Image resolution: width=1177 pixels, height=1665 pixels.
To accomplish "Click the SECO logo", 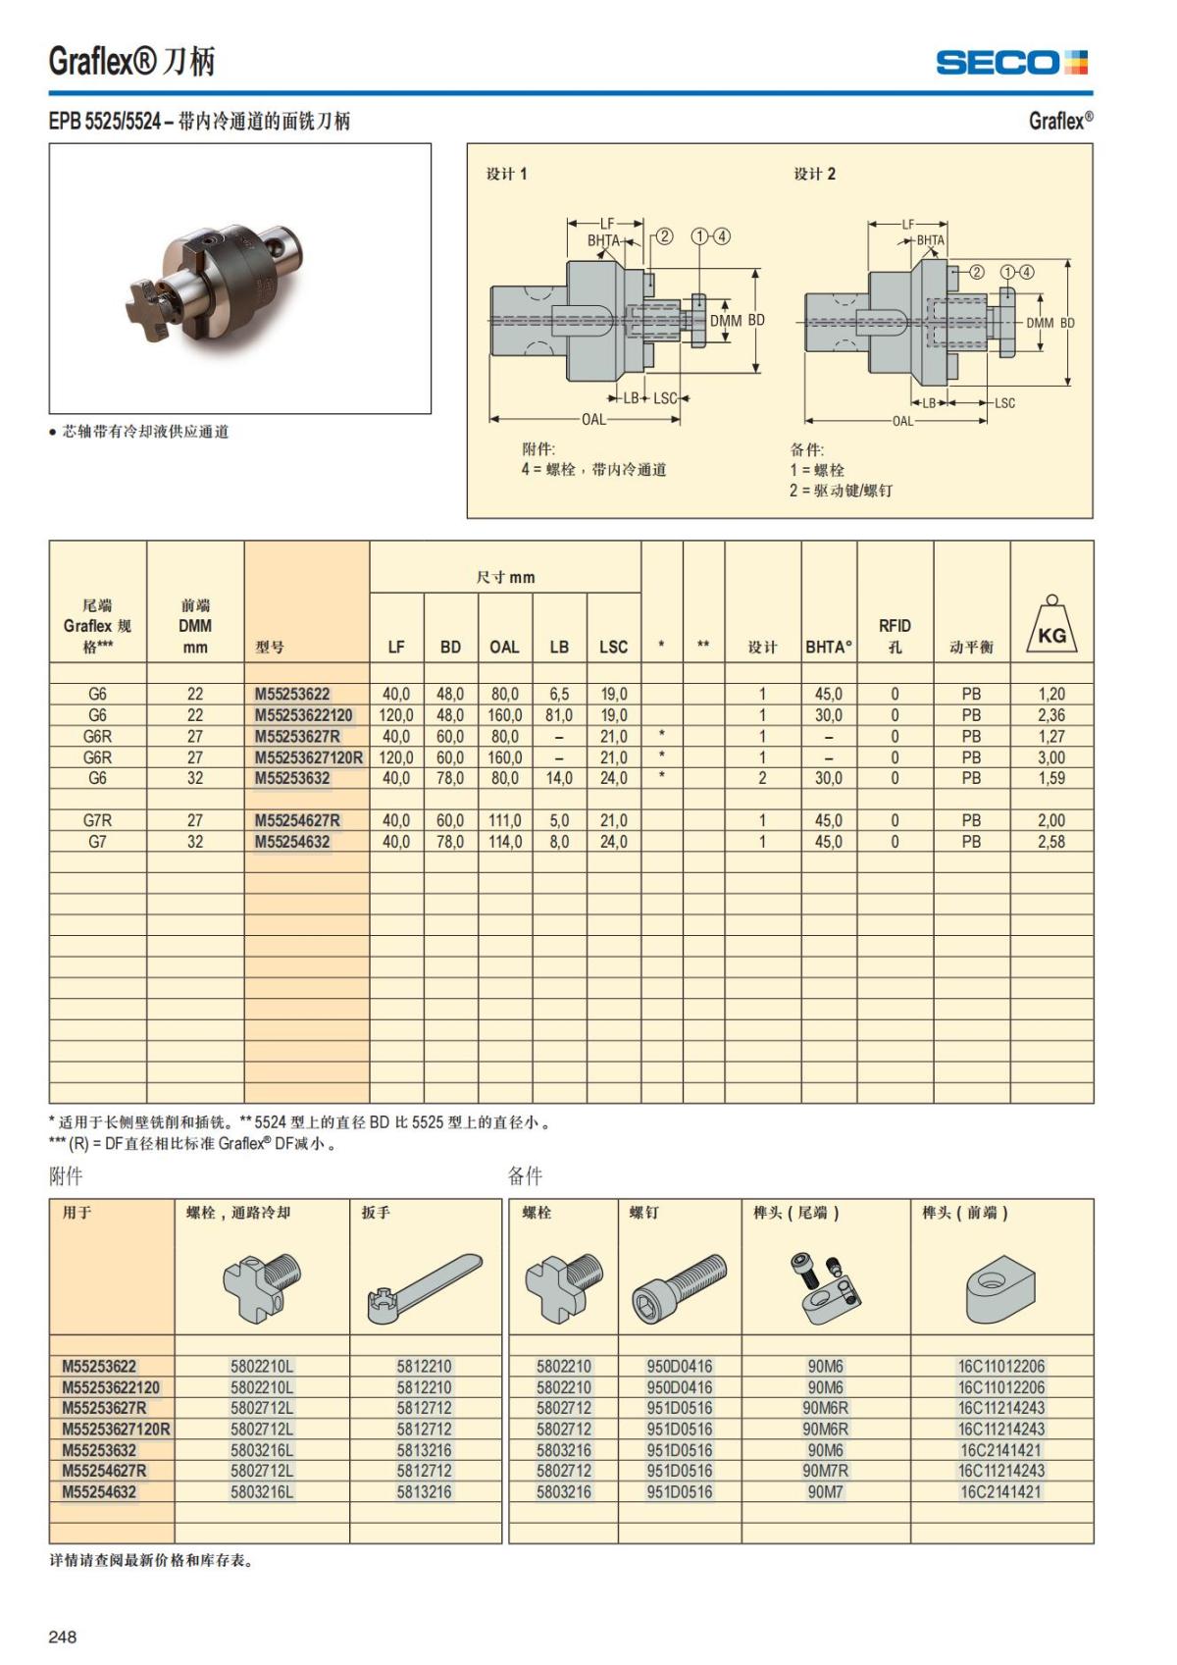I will [x=1011, y=63].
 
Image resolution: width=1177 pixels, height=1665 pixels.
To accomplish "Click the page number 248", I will [x=62, y=1636].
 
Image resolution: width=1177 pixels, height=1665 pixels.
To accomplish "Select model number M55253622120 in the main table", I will [x=303, y=715].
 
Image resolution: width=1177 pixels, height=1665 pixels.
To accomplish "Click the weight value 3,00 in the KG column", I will [x=1050, y=757].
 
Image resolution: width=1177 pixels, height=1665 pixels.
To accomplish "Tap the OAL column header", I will [x=504, y=647].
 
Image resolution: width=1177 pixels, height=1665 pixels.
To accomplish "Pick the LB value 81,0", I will [x=559, y=715].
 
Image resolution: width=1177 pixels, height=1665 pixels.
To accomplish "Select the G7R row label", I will [x=97, y=820].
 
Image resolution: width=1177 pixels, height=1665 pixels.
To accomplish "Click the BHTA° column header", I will [x=829, y=647].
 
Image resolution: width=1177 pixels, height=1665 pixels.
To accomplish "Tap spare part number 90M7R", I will [x=825, y=1471].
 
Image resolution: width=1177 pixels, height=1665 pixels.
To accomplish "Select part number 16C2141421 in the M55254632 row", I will [x=1000, y=1491].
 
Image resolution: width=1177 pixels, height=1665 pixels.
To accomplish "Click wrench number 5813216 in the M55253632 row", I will [x=424, y=1450].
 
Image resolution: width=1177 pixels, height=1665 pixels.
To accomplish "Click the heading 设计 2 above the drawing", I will [x=814, y=174].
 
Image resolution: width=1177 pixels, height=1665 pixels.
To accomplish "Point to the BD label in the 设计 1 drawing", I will [x=756, y=321].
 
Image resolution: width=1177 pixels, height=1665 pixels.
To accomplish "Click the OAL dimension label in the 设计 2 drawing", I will [x=902, y=421].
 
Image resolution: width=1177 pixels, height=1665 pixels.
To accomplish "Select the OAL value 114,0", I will [x=504, y=842].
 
